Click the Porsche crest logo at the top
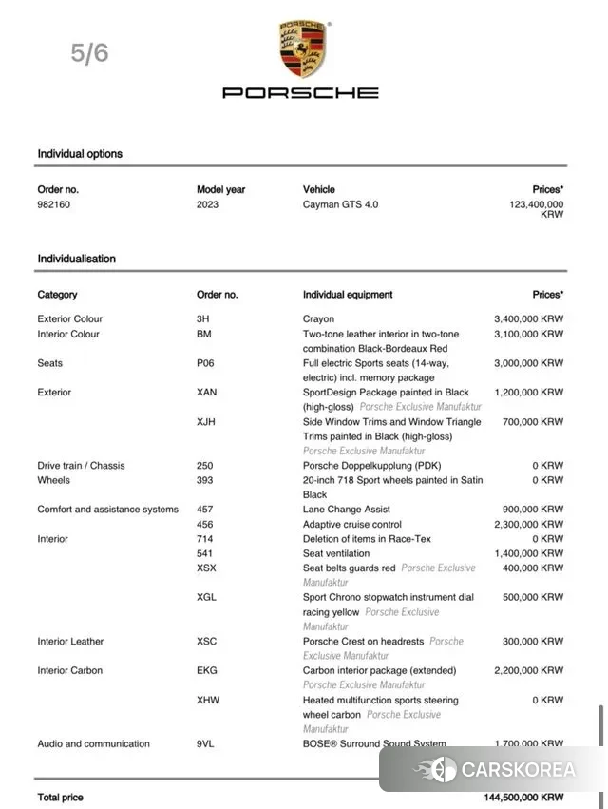pos(302,49)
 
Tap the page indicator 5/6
pos(90,53)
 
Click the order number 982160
pos(53,204)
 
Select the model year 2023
pos(208,204)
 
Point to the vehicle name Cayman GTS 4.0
pos(340,204)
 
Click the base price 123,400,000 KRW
pos(536,209)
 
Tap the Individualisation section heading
pos(76,259)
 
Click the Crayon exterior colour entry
pos(318,319)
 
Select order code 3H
pos(202,319)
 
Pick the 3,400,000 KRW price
pos(528,319)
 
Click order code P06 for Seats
pos(205,363)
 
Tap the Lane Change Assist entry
pos(347,510)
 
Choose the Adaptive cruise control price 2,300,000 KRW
pos(528,524)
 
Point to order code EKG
pos(206,670)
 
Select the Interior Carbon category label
pos(69,670)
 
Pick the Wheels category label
pos(54,480)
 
